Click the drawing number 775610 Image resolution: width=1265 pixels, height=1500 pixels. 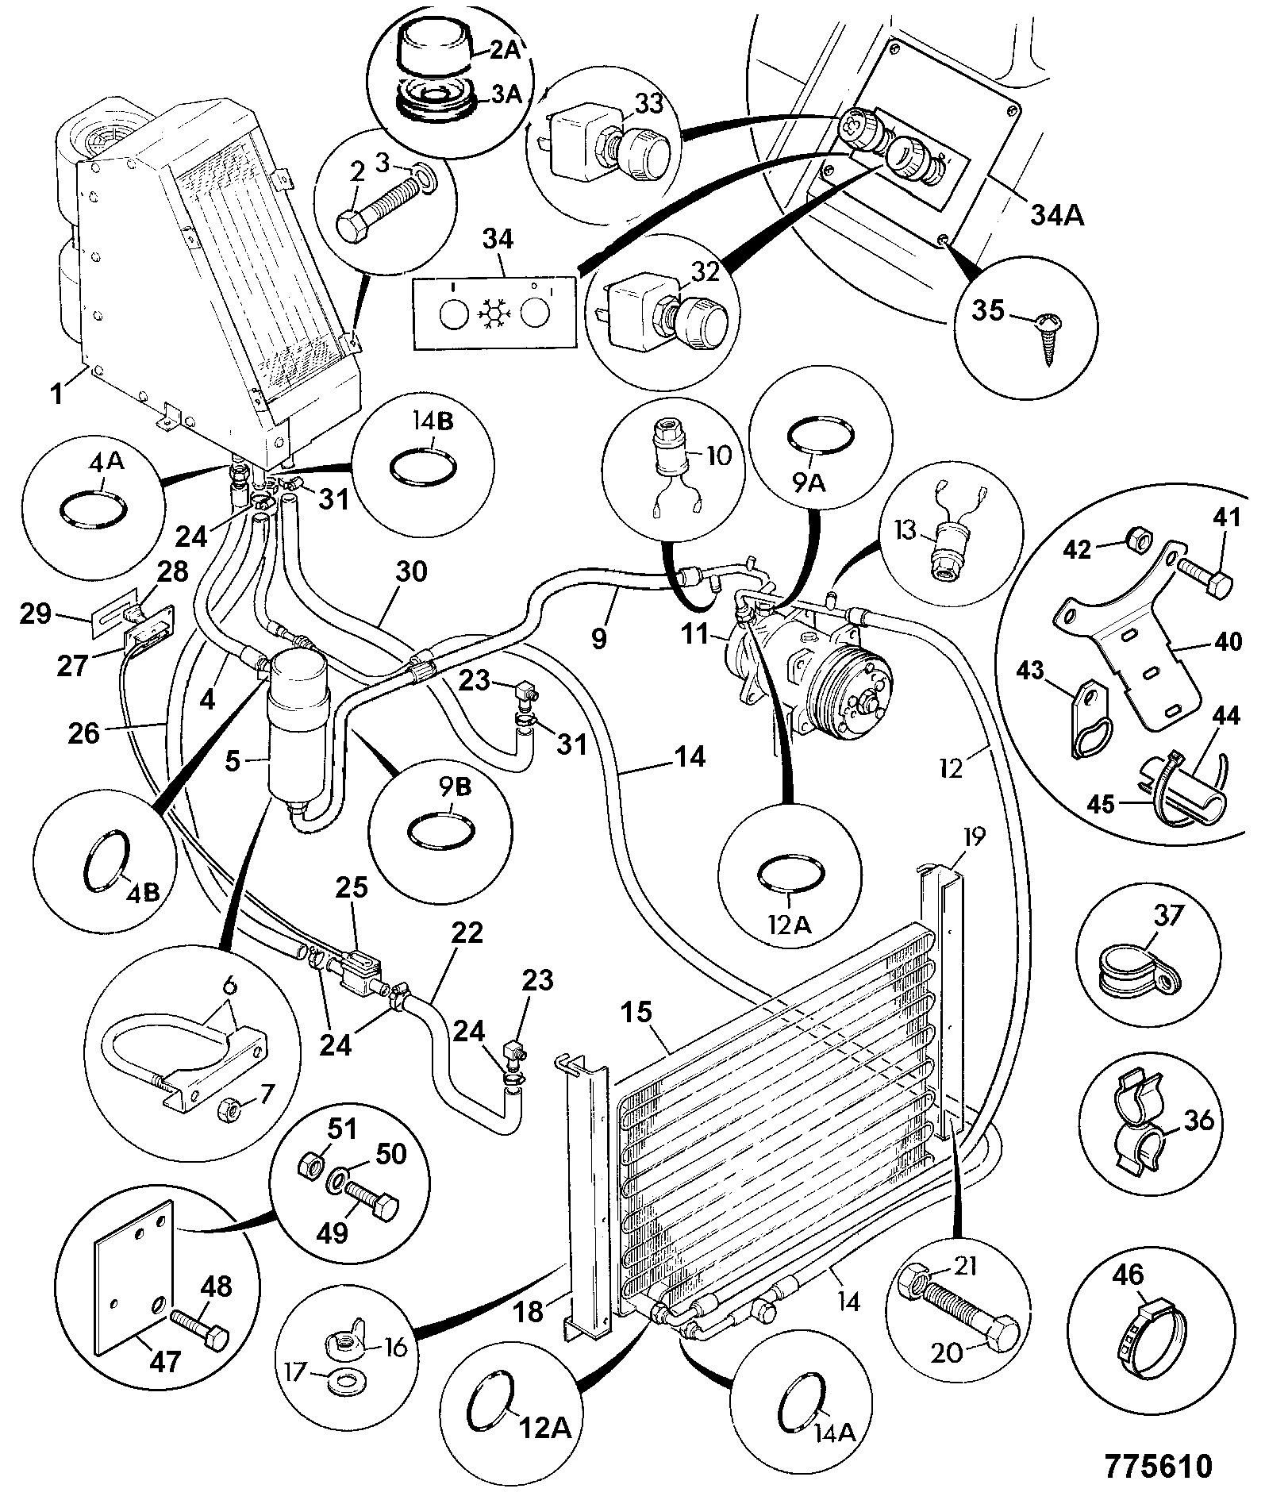point(1159,1465)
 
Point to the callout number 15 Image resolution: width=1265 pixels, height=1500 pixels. point(636,1013)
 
